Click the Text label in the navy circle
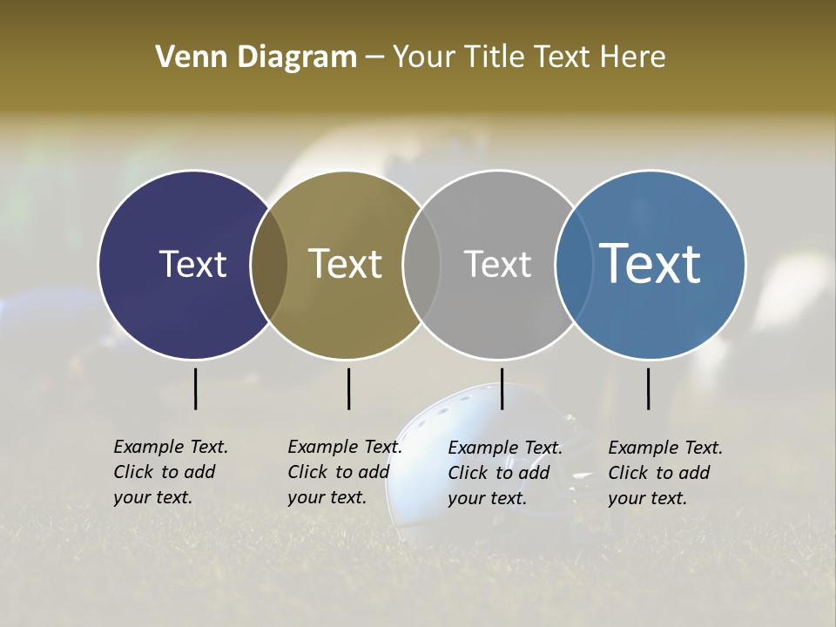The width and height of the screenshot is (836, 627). point(192,264)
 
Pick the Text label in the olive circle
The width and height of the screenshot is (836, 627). point(345,264)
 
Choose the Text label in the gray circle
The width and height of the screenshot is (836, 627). point(497,264)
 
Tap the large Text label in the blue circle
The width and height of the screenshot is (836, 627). point(650,264)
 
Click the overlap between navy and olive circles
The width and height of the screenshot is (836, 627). point(269,264)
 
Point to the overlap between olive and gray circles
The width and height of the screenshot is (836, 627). point(421,264)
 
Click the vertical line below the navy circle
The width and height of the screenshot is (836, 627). point(195,388)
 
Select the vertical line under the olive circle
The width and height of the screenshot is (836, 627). point(348,388)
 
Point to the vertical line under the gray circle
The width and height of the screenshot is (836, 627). point(502,388)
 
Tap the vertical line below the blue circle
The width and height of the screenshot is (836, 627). point(648,388)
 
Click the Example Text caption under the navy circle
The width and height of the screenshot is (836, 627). point(171,472)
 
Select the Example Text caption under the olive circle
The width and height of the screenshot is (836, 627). point(345,472)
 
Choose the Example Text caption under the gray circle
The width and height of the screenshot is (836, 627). point(505,473)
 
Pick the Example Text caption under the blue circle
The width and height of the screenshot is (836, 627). point(665,473)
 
